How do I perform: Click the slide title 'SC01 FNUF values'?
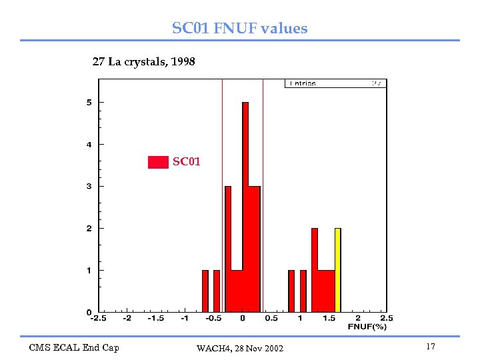(x=240, y=28)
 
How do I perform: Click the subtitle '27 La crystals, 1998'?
(x=143, y=62)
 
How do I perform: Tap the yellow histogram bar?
(x=338, y=269)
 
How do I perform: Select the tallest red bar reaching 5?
(x=245, y=207)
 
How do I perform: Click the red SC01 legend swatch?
(x=158, y=162)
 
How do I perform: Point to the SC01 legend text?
(x=187, y=161)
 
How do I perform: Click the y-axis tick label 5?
(x=89, y=102)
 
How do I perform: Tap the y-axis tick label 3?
(x=89, y=186)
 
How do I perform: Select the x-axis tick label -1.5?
(x=155, y=319)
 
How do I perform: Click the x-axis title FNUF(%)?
(x=367, y=327)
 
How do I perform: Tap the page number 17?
(x=430, y=347)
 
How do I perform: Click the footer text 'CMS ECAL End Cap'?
(x=74, y=347)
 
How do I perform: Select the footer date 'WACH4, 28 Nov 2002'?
(x=240, y=349)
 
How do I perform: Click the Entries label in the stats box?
(x=302, y=84)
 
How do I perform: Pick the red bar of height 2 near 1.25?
(x=315, y=269)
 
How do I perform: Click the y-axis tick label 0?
(x=89, y=312)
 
